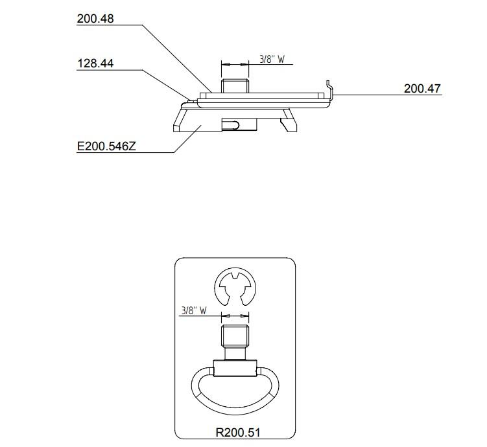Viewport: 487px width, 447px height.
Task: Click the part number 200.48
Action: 95,19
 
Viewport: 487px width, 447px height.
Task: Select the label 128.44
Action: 95,63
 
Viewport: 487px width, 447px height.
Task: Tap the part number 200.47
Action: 422,89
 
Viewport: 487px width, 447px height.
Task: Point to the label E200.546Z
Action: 106,146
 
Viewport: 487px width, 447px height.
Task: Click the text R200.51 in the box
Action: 237,432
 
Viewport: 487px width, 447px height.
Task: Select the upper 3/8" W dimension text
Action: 272,59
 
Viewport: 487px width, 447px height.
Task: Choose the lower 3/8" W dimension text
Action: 194,310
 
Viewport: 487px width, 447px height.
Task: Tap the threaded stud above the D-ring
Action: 235,336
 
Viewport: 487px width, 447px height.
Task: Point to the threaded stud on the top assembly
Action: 235,86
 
